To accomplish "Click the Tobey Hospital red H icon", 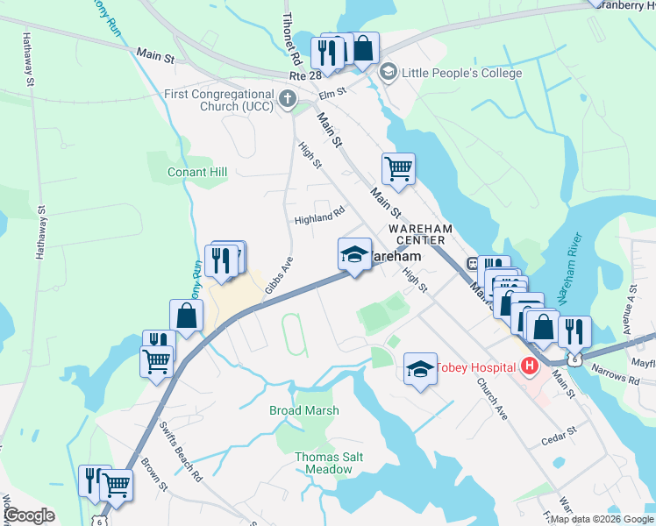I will [529, 366].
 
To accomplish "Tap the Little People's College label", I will [461, 74].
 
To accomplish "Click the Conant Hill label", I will [197, 173].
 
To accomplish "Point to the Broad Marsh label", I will [303, 410].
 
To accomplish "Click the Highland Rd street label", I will [320, 215].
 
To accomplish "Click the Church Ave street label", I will [492, 399].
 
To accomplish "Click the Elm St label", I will [332, 90].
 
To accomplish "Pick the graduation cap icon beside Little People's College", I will [389, 74].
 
